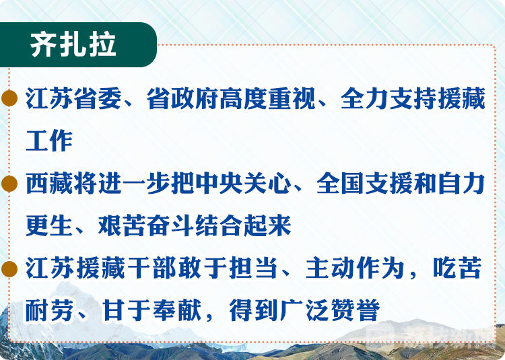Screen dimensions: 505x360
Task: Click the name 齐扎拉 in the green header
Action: [73, 44]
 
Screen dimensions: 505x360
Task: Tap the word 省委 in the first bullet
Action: [98, 99]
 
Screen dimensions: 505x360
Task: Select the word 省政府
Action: [183, 99]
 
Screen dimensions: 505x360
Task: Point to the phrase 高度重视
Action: [268, 99]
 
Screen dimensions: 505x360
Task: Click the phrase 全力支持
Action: [389, 99]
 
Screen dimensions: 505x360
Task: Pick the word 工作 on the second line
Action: [49, 141]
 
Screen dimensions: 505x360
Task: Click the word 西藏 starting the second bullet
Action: [50, 184]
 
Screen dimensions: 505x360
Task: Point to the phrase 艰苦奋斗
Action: [146, 225]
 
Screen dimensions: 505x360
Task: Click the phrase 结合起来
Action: [243, 225]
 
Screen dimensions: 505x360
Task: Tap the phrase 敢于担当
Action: [226, 268]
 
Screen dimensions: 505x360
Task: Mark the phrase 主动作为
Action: [355, 268]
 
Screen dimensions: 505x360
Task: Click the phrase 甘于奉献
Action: [151, 310]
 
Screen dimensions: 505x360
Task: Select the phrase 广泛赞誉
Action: [330, 310]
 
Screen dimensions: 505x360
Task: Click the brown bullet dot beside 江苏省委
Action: [9, 98]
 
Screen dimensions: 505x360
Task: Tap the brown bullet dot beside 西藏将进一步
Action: [9, 184]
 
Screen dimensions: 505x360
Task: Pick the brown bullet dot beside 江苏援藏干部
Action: [9, 269]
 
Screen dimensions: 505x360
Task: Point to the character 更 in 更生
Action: [37, 225]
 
